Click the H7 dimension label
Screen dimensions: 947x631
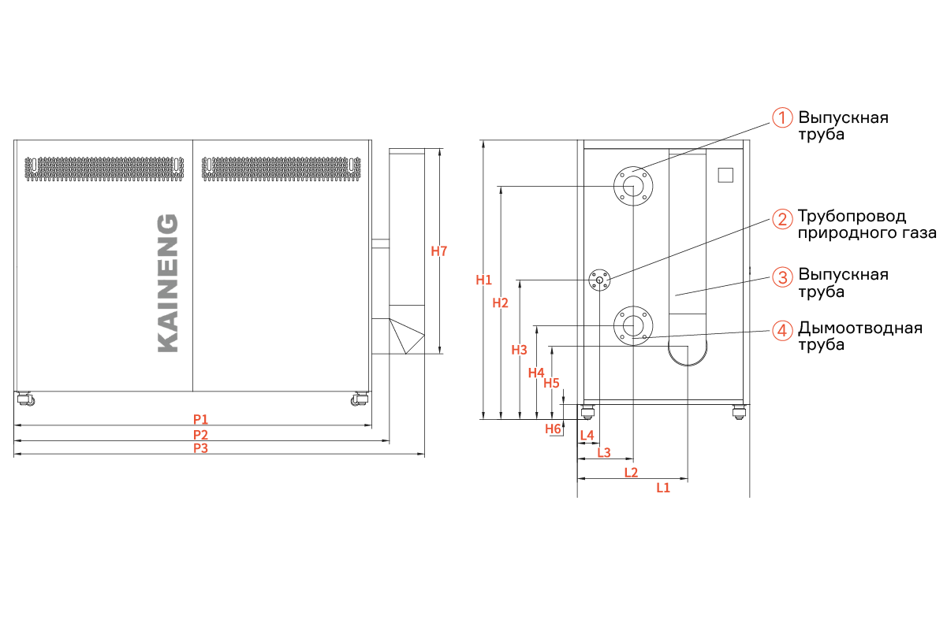[438, 251]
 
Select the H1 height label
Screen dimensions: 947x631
[483, 280]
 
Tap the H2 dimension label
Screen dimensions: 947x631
[500, 303]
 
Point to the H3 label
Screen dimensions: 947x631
[519, 350]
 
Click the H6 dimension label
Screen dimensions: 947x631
[553, 429]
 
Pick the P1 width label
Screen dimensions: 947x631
[200, 419]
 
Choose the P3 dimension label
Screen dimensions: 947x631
[200, 448]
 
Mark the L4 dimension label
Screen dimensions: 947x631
[587, 435]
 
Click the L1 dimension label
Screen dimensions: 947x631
[663, 488]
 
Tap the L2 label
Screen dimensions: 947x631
[631, 472]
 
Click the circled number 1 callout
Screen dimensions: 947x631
[782, 117]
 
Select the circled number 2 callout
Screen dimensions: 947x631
[782, 219]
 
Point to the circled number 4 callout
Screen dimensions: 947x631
[782, 330]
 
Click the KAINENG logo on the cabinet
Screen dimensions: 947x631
[168, 283]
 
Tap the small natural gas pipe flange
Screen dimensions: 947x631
[599, 280]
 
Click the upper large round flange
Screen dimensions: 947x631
[633, 186]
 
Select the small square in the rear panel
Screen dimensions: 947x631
[725, 175]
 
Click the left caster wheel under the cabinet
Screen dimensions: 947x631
[26, 399]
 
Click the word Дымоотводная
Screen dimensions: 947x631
[860, 328]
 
